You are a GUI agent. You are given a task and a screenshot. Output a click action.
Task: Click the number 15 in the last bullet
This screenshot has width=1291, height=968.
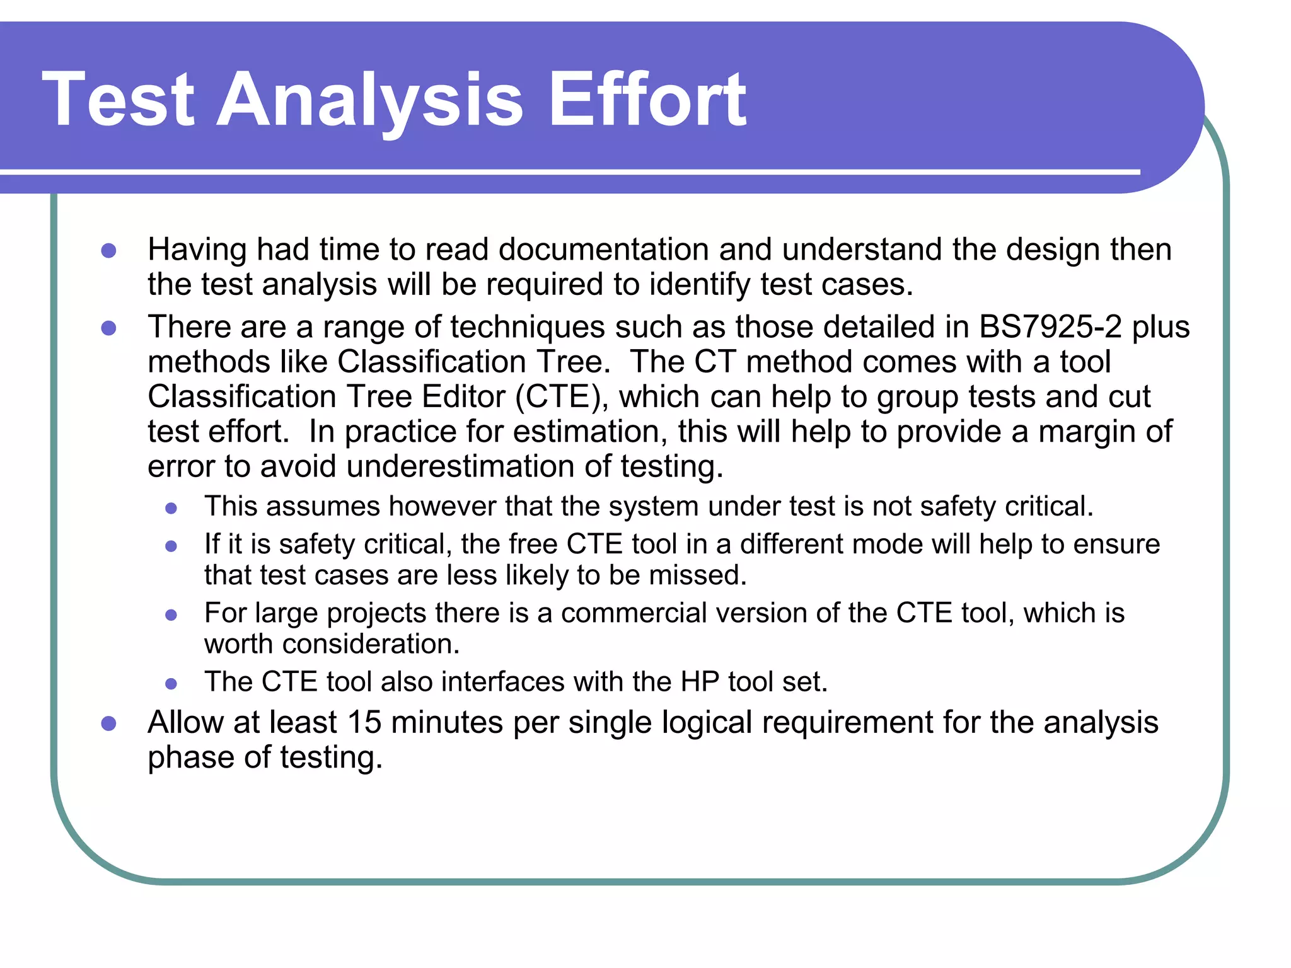364,722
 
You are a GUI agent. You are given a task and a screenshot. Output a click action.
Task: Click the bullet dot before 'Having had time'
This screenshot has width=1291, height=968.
109,251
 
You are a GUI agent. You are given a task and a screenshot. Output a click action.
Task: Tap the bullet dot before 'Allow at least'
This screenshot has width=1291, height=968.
109,723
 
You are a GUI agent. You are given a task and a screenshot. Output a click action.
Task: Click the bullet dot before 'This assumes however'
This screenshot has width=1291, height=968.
171,508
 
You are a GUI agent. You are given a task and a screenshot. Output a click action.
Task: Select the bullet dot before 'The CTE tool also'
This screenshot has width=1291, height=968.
171,683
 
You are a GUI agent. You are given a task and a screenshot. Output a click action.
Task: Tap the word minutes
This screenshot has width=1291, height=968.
447,722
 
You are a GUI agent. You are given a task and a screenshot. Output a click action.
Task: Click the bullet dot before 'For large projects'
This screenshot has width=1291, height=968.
171,614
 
